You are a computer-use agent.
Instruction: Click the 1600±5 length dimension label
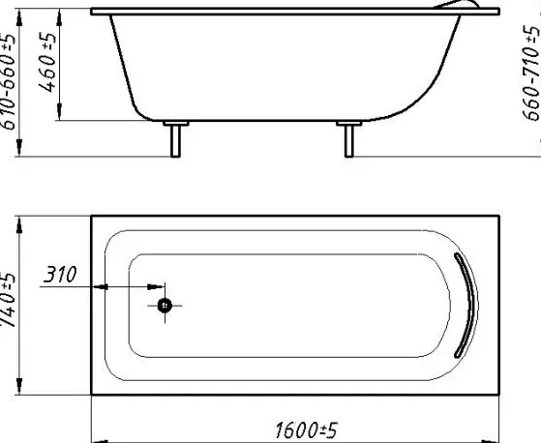tap(306, 429)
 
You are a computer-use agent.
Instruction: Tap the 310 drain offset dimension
tap(60, 275)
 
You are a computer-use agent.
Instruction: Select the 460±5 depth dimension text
tap(46, 63)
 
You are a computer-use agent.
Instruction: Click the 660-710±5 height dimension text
tap(531, 74)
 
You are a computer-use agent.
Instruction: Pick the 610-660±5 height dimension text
tap(8, 81)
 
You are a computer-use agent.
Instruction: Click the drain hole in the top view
tap(165, 306)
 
